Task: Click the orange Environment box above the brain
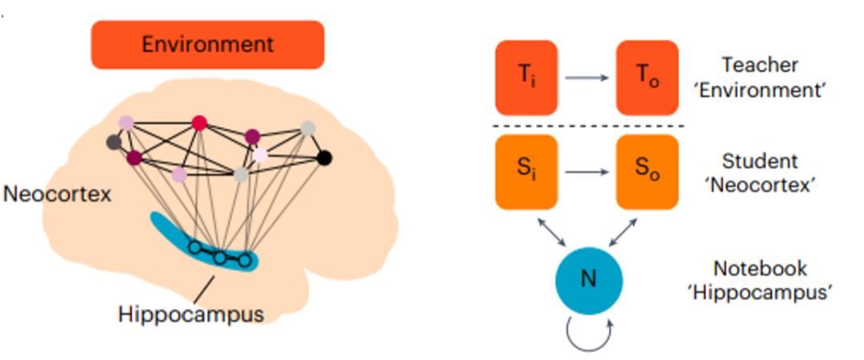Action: (207, 44)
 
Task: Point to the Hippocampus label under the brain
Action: (190, 314)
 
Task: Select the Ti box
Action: (526, 78)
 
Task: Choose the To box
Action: (646, 78)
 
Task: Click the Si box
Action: (526, 171)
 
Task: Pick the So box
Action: (646, 171)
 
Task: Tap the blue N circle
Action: (590, 279)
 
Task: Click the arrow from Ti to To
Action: (586, 78)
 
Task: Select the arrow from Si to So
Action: (586, 171)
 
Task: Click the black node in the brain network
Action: (323, 157)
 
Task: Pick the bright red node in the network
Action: (199, 122)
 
